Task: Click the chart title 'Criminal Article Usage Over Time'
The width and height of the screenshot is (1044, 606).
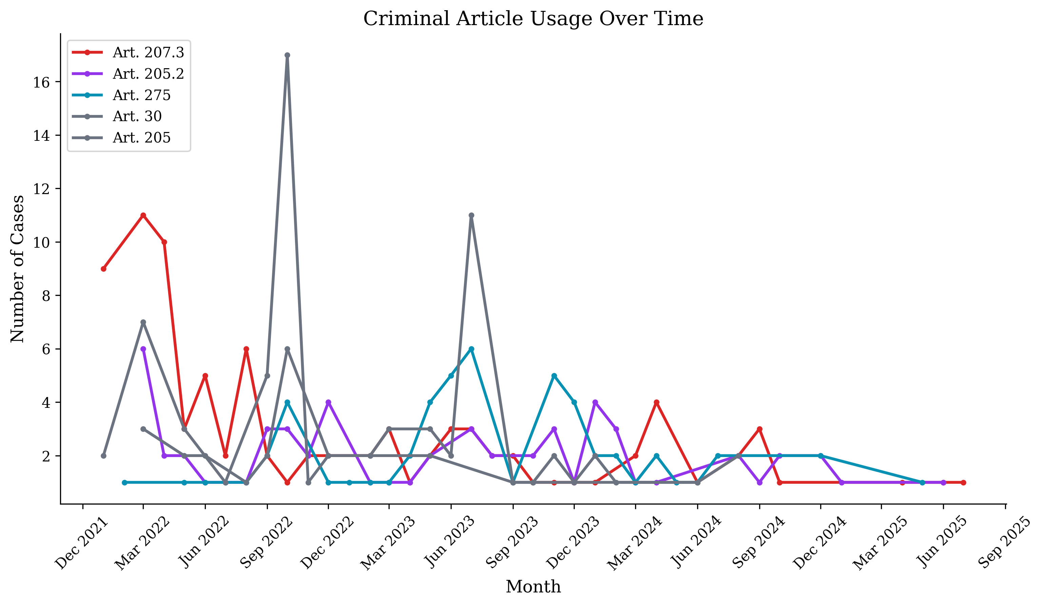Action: [533, 19]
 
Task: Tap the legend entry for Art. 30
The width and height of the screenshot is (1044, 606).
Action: [137, 116]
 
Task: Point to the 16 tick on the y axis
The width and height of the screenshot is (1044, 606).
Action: [41, 82]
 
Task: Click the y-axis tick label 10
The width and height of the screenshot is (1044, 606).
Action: [41, 243]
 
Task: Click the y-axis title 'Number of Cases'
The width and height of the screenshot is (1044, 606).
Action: [17, 269]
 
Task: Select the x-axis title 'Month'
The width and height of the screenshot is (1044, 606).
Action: [533, 587]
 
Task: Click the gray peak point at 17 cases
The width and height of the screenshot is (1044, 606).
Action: [287, 55]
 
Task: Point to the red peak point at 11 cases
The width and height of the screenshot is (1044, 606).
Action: [143, 215]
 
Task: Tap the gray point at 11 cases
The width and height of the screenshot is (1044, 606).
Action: [471, 215]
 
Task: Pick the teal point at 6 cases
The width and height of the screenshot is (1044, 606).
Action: [471, 349]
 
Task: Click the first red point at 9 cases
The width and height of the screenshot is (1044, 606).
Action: [103, 269]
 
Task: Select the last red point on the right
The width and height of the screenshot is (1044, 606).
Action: [963, 482]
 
